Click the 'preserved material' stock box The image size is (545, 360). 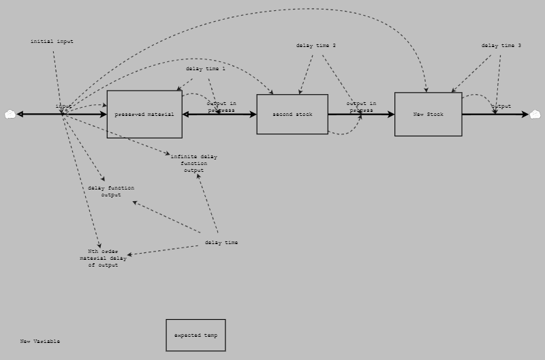(144, 114)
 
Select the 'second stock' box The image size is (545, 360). (292, 114)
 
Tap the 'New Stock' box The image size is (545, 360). (428, 114)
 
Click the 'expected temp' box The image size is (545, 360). (196, 335)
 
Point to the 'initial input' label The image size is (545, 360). (52, 42)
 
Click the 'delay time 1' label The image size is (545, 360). (205, 69)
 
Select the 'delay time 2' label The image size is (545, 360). (315, 46)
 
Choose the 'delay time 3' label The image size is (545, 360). (501, 46)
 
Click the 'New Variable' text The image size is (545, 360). (40, 341)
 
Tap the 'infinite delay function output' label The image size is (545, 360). (193, 164)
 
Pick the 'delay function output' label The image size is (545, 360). (111, 192)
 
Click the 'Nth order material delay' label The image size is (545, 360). (103, 258)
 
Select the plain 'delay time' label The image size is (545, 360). (221, 243)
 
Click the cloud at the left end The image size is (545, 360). (10, 115)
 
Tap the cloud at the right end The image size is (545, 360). (535, 115)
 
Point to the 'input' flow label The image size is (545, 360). (63, 106)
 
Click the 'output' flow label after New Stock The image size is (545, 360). (501, 106)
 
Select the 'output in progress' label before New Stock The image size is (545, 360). (361, 106)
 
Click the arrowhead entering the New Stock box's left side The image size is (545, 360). (391, 115)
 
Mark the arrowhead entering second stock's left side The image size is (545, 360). (253, 115)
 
